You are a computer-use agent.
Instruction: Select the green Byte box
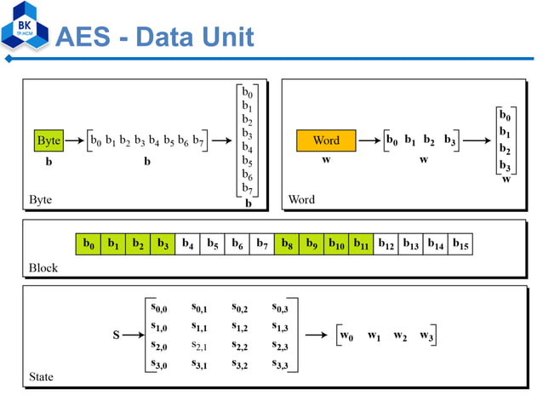[x=49, y=140]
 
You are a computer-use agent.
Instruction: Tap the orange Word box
[x=326, y=140]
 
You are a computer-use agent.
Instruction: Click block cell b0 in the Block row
[x=88, y=244]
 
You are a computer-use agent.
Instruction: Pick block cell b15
[x=460, y=244]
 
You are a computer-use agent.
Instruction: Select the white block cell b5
[x=212, y=244]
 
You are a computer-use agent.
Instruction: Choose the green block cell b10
[x=336, y=244]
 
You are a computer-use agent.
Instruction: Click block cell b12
[x=386, y=244]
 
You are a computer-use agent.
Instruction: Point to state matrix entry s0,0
[x=158, y=308]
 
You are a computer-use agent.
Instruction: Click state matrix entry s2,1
[x=199, y=347]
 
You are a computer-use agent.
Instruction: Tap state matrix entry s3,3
[x=280, y=365]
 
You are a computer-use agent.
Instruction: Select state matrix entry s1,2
[x=240, y=328]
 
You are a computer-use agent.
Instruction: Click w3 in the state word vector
[x=426, y=335]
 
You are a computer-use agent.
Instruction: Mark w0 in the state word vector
[x=346, y=335]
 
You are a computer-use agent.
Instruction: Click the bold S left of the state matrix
[x=117, y=335]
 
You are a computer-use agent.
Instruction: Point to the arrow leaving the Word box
[x=369, y=140]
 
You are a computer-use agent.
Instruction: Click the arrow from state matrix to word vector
[x=317, y=335]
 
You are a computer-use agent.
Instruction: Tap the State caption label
[x=41, y=375]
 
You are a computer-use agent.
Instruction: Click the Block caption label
[x=43, y=267]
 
